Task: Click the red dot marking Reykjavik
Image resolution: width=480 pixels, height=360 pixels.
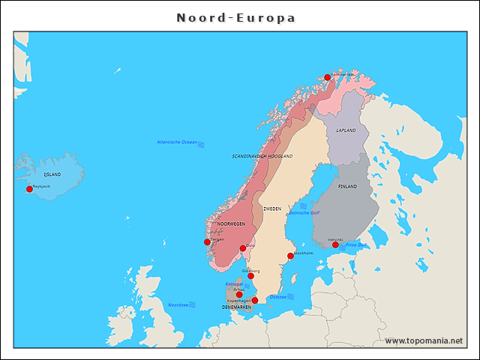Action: tap(30, 189)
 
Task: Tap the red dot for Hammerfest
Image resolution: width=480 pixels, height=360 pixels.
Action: tap(327, 77)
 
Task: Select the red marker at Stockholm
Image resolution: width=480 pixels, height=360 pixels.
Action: tap(290, 256)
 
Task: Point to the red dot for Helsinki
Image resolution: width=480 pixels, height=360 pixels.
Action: tap(335, 244)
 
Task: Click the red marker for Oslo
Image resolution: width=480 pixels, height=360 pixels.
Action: tap(242, 248)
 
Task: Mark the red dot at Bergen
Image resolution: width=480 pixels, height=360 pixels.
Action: tap(207, 242)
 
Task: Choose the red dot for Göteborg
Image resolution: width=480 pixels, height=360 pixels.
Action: tap(250, 276)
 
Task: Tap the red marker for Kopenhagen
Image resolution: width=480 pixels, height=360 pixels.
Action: tap(254, 300)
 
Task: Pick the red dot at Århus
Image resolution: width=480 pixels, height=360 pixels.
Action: tap(239, 294)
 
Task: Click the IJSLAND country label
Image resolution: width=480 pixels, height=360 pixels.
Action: tap(52, 174)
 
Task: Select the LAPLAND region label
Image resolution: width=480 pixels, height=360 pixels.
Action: tap(346, 130)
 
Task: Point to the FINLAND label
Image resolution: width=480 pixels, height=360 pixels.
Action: tap(347, 186)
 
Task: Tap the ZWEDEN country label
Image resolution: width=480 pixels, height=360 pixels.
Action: tap(272, 208)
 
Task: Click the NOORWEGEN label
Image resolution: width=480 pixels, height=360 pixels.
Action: tap(231, 223)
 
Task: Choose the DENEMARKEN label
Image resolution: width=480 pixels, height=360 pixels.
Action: tap(236, 307)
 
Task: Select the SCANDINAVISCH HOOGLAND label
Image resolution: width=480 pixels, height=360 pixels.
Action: tap(262, 156)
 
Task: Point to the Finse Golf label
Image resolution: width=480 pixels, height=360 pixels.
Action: tap(355, 245)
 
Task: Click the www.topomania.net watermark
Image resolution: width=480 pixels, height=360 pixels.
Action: tap(424, 340)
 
